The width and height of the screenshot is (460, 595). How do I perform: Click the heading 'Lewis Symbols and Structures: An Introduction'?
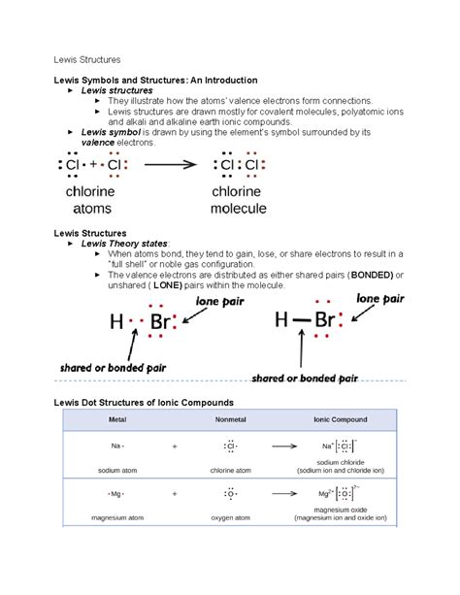154,80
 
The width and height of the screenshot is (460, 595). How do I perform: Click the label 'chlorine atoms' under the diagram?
95,200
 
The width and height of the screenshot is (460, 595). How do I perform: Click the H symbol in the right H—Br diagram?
282,321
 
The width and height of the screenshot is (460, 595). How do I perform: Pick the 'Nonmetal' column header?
229,419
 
